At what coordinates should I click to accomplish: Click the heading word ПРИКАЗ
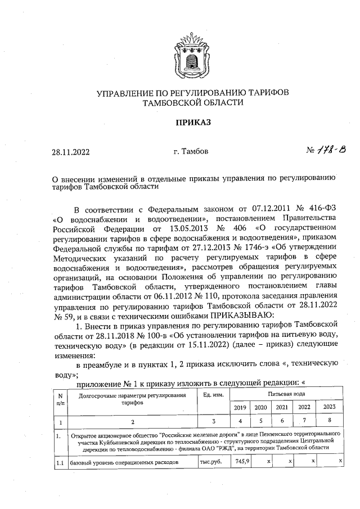click(x=193, y=122)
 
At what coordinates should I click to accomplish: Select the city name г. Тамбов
click(x=192, y=151)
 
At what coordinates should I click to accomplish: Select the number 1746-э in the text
click(x=244, y=249)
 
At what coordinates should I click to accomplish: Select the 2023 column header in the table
click(x=330, y=407)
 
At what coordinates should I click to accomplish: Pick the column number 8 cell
click(x=330, y=421)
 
